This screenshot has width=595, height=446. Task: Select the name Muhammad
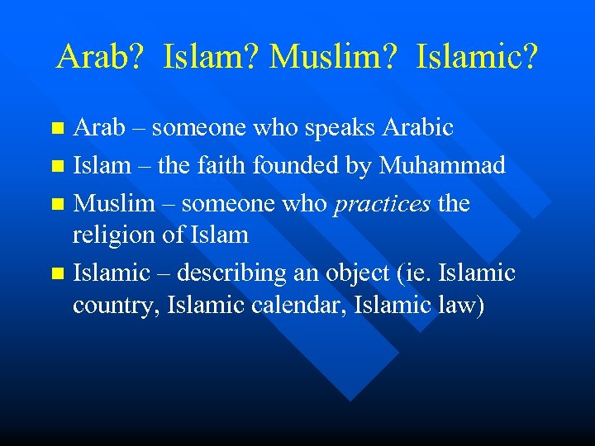(442, 165)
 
